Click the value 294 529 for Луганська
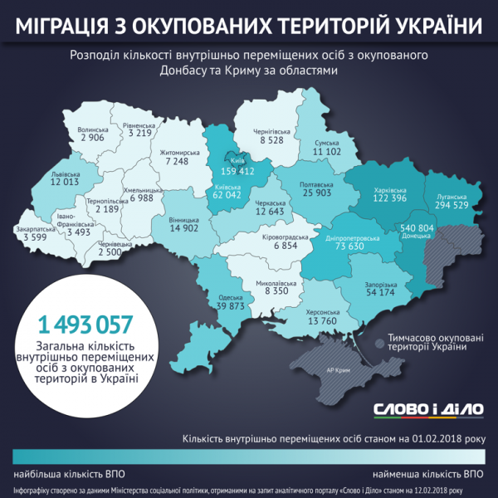(453, 205)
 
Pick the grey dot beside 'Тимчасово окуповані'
(378, 341)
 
